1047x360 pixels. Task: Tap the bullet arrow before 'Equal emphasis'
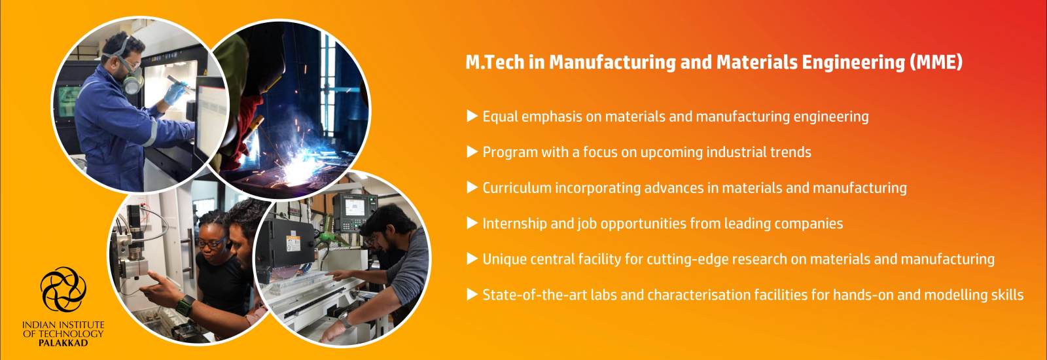472,116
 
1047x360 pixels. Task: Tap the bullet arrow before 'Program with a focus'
472,152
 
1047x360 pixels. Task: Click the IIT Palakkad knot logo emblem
63,290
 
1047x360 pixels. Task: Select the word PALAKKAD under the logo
63,343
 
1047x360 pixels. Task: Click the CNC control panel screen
354,207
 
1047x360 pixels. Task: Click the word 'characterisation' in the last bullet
697,295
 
